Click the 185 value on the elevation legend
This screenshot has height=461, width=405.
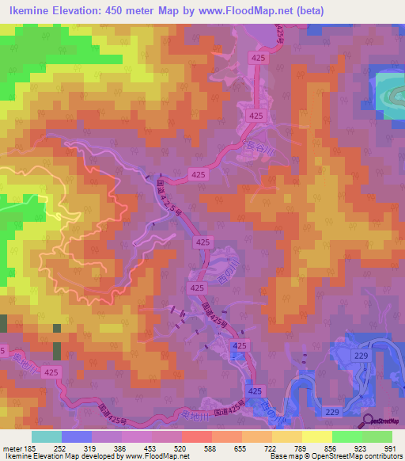pyautogui.click(x=31, y=448)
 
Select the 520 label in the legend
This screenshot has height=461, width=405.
pyautogui.click(x=181, y=448)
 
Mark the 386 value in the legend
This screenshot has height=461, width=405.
pyautogui.click(x=121, y=448)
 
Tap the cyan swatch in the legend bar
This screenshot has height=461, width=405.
pyautogui.click(x=46, y=436)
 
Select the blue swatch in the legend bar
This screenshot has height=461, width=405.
pyautogui.click(x=76, y=436)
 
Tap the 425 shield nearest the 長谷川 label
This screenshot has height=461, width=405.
pyautogui.click(x=255, y=116)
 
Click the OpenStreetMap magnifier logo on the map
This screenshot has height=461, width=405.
pyautogui.click(x=368, y=421)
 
